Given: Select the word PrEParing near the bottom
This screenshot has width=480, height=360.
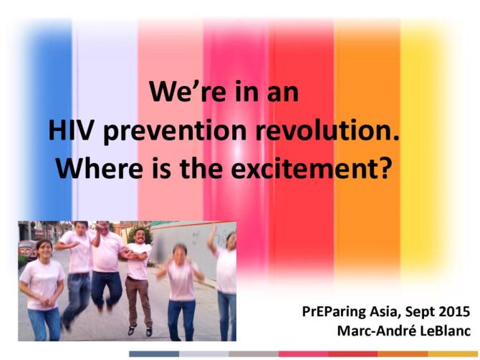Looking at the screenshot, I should point(337,312).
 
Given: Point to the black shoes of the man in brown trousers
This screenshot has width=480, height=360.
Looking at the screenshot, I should point(140,331).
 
